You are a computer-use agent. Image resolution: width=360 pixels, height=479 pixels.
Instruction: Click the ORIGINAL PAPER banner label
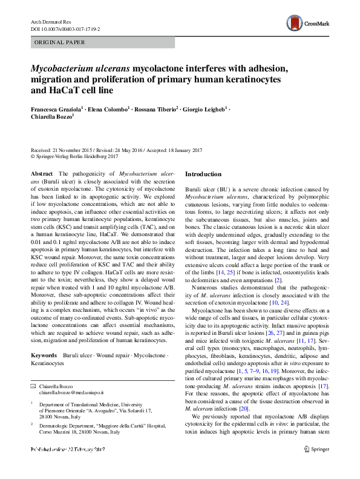click(x=59, y=42)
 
